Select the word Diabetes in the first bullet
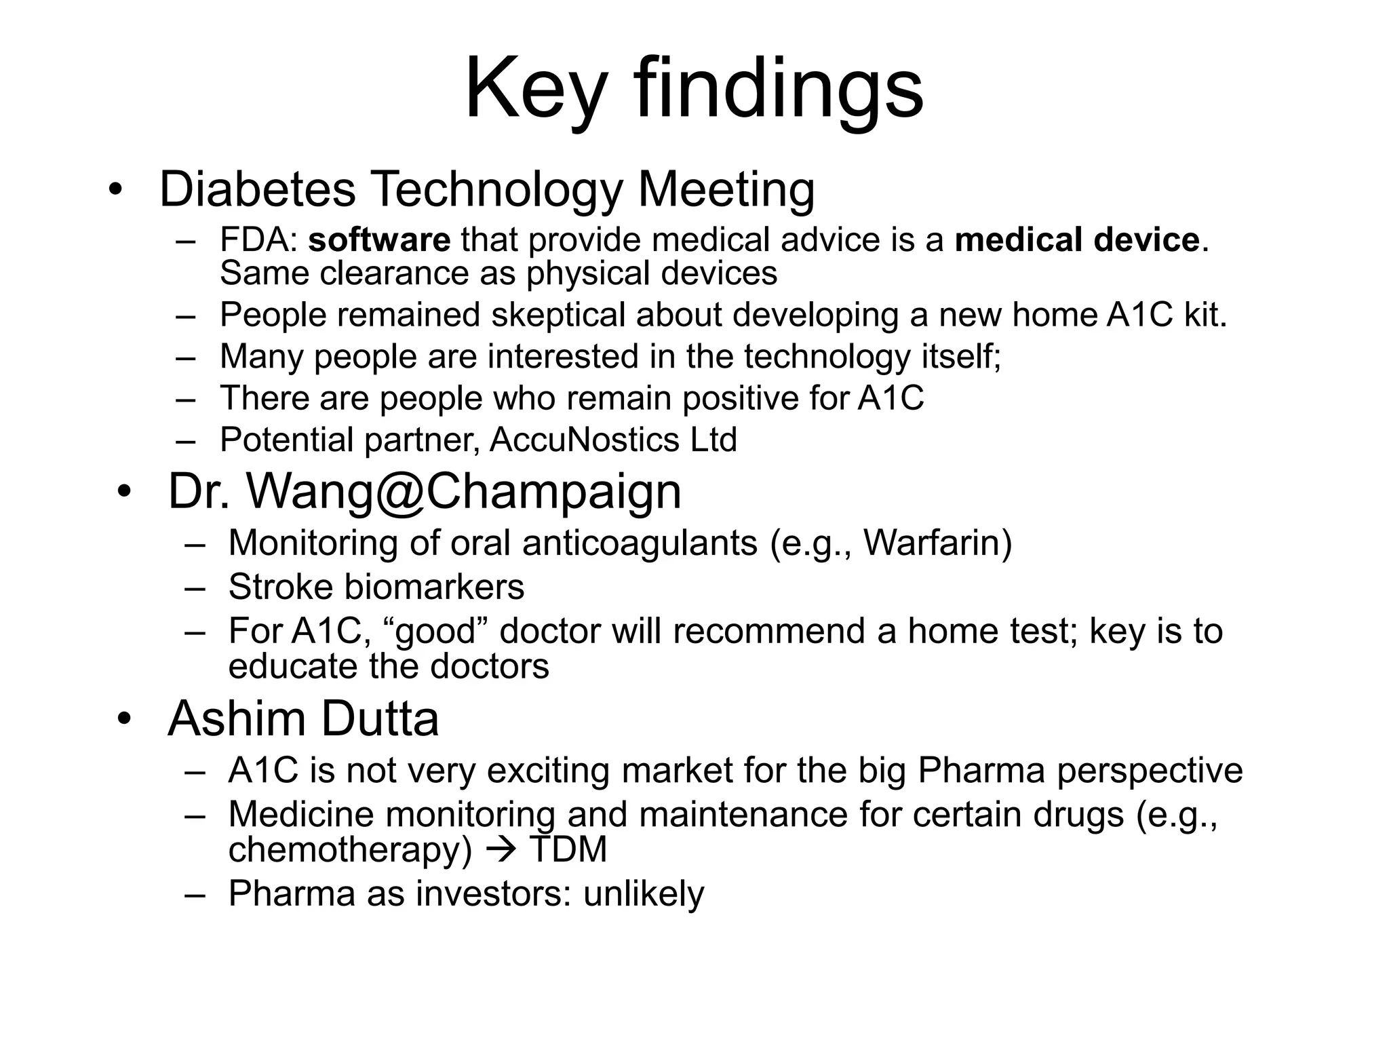(x=257, y=189)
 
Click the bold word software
(x=379, y=240)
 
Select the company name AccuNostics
(x=584, y=440)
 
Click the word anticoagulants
(x=640, y=543)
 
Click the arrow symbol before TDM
(x=501, y=850)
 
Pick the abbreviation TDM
(x=568, y=850)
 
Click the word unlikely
(x=644, y=893)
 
